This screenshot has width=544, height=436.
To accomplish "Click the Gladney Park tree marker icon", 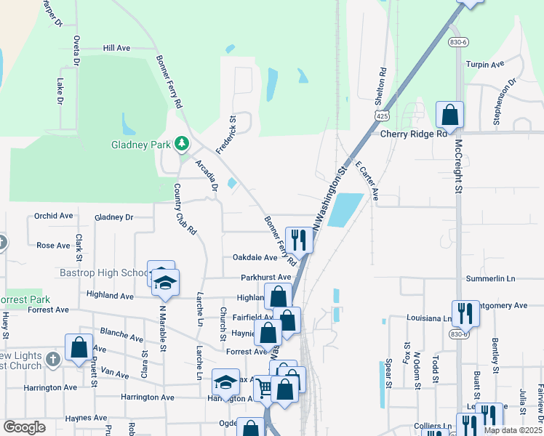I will pos(180,144).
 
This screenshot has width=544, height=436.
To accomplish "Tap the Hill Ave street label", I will pos(116,48).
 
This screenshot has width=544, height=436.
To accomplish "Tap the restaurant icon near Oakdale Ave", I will pos(299,239).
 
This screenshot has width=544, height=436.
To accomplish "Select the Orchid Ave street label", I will pos(54,216).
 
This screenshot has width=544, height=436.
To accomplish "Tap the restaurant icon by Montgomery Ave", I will pos(465,313).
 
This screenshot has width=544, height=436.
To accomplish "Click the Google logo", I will pos(24,427).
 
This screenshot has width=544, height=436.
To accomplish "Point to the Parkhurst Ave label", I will pos(266,278).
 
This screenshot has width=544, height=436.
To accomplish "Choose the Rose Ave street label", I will pos(53,246).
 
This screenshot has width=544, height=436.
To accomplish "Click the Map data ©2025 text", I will pos(511,430).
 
